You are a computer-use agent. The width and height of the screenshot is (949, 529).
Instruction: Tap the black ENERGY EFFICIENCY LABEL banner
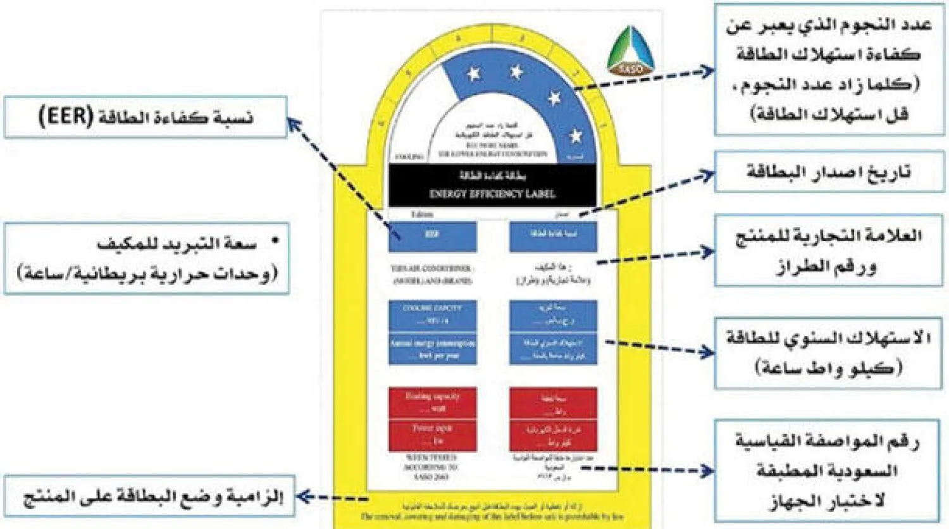click(492, 185)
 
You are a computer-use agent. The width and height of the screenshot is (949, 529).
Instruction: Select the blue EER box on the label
click(432, 235)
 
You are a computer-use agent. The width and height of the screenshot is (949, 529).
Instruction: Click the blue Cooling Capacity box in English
click(432, 314)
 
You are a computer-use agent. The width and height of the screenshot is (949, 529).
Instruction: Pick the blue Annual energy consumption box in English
click(432, 349)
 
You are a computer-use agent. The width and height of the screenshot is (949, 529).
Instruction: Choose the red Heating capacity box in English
click(432, 402)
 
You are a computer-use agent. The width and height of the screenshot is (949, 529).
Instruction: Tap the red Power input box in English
click(432, 435)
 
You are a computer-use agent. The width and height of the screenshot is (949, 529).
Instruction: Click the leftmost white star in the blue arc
click(473, 74)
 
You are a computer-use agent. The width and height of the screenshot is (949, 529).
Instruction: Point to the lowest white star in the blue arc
click(575, 135)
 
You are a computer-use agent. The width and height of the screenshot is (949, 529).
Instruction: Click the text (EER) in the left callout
click(66, 117)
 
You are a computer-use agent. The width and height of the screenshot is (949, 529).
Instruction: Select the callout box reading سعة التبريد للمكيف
click(147, 258)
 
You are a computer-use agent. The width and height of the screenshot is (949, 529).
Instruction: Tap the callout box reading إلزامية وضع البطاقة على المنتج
click(149, 496)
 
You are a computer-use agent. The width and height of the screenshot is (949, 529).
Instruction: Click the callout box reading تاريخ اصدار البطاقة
click(829, 171)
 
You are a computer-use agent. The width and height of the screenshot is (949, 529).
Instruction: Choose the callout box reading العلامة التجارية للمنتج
click(829, 251)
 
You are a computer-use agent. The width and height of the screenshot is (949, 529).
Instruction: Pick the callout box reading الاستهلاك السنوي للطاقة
click(829, 353)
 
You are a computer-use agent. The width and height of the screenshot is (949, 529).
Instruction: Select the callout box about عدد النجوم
click(829, 70)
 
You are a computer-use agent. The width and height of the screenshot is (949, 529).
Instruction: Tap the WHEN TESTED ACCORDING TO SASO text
click(432, 467)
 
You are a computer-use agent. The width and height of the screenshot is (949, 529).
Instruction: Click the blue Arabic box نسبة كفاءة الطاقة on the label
click(553, 235)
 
